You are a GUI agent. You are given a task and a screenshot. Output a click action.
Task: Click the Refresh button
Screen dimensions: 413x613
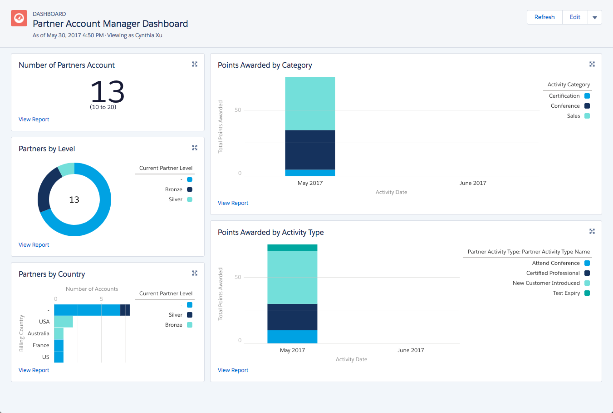tap(544, 17)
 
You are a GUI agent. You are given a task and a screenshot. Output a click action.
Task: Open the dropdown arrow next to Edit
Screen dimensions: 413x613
tap(594, 18)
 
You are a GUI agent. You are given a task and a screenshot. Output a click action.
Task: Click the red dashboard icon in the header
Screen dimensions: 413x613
tap(19, 18)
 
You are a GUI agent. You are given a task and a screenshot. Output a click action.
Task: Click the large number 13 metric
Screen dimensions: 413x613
tap(107, 92)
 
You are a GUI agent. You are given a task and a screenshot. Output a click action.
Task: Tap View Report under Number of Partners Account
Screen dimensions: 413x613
tap(34, 119)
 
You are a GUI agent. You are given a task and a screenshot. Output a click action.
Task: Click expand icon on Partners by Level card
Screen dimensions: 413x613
tap(195, 148)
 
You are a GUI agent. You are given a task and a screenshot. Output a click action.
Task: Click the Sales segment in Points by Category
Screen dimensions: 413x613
tap(310, 104)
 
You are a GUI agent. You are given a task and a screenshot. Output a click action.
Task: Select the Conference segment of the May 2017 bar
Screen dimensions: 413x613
tap(310, 150)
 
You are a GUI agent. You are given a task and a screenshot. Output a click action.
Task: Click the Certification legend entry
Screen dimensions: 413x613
tap(564, 96)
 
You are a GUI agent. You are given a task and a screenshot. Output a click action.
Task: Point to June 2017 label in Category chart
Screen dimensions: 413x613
tap(473, 183)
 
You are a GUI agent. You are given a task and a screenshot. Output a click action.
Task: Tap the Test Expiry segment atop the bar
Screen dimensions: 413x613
tap(292, 248)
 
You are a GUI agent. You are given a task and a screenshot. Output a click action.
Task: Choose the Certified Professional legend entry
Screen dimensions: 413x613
tap(553, 273)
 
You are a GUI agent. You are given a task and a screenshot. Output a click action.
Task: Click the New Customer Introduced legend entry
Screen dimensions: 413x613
tap(546, 283)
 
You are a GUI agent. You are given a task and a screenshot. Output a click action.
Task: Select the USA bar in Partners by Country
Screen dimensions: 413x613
tap(63, 322)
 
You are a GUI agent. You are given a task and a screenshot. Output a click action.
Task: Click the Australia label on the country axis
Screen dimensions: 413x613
tap(39, 333)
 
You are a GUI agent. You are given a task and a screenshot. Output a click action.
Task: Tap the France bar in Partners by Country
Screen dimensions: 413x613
tap(59, 345)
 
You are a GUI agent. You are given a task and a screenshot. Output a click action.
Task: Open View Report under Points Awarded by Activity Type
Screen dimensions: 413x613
tap(233, 370)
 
